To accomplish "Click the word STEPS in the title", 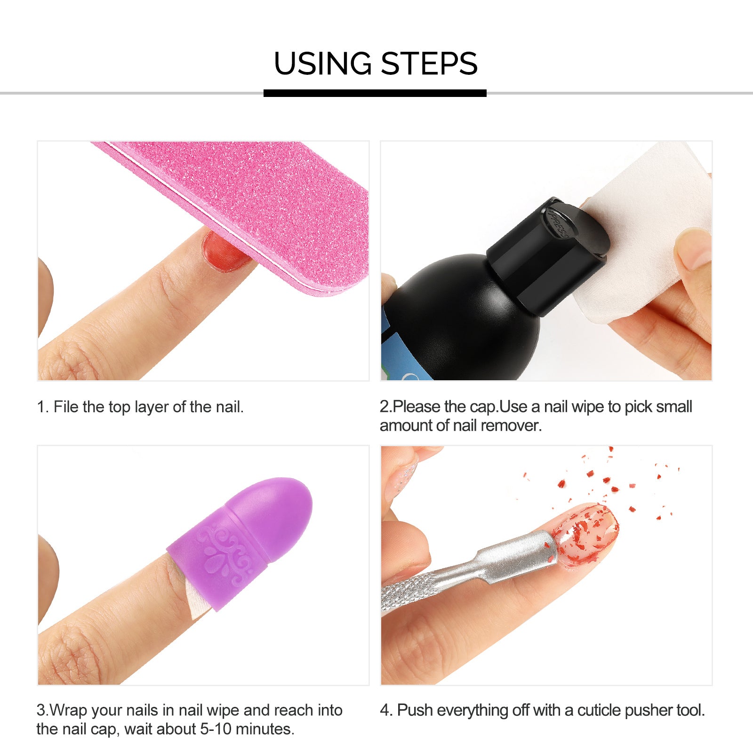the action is point(429,64).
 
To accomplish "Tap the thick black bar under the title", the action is point(375,93).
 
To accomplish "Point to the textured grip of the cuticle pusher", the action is point(414,591).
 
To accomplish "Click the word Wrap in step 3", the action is point(68,711).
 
